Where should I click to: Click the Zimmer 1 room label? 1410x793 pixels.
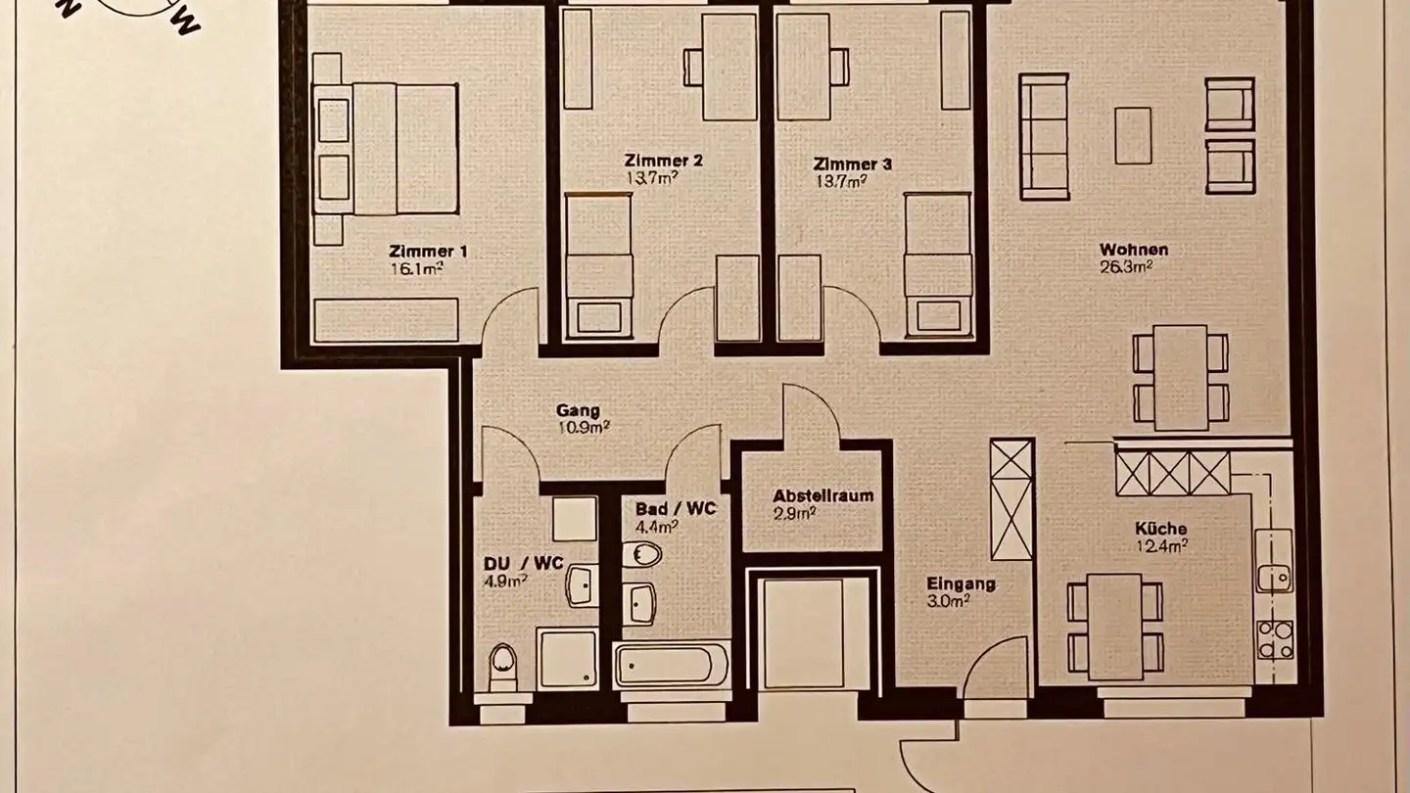click(x=428, y=251)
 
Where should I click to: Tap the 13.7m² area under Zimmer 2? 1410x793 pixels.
click(x=650, y=178)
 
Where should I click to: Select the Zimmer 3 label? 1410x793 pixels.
click(x=852, y=164)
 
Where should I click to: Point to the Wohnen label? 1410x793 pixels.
click(x=1134, y=250)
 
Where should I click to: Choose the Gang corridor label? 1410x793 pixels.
click(x=577, y=411)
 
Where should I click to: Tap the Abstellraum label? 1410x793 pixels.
click(x=822, y=495)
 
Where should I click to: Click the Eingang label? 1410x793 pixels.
click(x=962, y=584)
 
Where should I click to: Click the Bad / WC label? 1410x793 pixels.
click(x=676, y=509)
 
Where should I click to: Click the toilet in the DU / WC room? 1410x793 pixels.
click(x=503, y=666)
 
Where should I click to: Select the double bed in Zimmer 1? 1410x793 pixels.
click(x=386, y=149)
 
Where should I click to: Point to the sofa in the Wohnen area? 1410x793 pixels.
click(x=1044, y=137)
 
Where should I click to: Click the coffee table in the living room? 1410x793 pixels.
click(x=1133, y=135)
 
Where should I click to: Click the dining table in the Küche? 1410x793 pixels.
click(x=1115, y=626)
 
